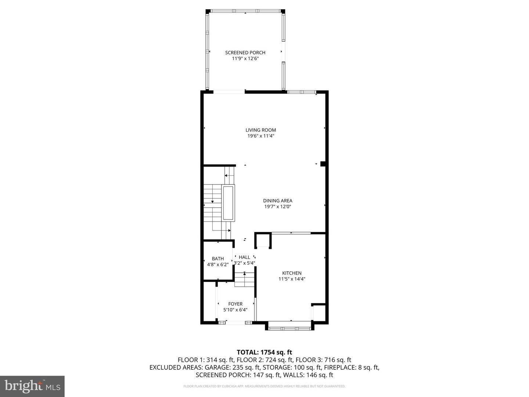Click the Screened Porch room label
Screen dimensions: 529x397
pyautogui.click(x=245, y=53)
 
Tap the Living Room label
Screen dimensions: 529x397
pyautogui.click(x=261, y=130)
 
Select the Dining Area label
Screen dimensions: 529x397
pyautogui.click(x=278, y=201)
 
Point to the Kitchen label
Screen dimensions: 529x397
pyautogui.click(x=292, y=273)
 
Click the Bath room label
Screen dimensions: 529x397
pyautogui.click(x=218, y=259)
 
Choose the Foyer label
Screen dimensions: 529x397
pyautogui.click(x=235, y=304)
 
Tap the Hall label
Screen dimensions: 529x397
pyautogui.click(x=244, y=257)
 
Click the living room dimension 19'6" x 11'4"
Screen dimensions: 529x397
pyautogui.click(x=261, y=136)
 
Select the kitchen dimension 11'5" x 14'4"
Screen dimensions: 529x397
pyautogui.click(x=292, y=279)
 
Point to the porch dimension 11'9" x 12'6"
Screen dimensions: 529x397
pyautogui.click(x=245, y=58)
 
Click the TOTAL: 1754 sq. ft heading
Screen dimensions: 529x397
pyautogui.click(x=264, y=352)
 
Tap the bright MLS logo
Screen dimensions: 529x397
pyautogui.click(x=32, y=386)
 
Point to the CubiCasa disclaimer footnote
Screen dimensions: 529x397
pyautogui.click(x=264, y=386)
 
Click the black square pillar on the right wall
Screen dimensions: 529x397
pyautogui.click(x=323, y=164)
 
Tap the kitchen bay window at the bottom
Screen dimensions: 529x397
pyautogui.click(x=290, y=328)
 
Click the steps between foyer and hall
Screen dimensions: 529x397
pyautogui.click(x=245, y=280)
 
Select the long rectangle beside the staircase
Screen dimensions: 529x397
pyautogui.click(x=228, y=203)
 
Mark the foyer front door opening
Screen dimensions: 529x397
pyautogui.click(x=235, y=322)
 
